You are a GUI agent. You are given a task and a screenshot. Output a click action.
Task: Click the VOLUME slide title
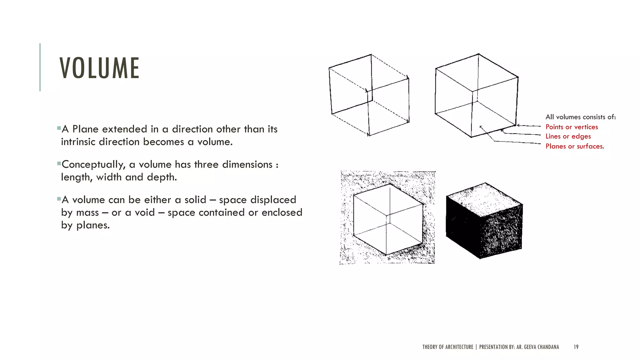coord(99,68)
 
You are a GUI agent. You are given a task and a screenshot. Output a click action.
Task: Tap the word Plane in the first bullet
coord(85,129)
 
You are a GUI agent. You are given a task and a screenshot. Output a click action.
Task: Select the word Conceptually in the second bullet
coord(93,165)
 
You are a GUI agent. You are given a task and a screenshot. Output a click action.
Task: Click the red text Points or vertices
coord(572,127)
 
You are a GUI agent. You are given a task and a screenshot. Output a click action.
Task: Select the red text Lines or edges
coord(568,136)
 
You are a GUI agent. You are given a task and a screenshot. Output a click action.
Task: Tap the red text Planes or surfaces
coord(575,146)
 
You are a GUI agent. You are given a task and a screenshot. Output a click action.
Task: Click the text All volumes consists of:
coord(581,117)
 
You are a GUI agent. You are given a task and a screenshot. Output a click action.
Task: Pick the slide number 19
coord(576,347)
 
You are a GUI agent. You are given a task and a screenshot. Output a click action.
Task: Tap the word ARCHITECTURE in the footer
coord(459,347)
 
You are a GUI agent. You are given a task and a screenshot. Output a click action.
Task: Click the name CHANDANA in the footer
coord(548,347)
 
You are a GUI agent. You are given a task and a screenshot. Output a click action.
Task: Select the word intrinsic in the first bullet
coord(78,142)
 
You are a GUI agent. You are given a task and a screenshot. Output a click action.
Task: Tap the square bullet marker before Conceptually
coord(59,163)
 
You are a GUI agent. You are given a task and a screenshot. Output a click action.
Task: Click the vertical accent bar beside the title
coord(40,67)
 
